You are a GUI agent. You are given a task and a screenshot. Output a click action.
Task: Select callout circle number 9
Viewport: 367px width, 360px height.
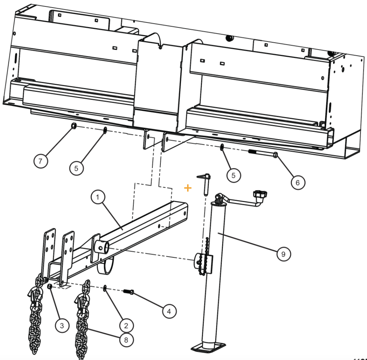(x=283, y=254)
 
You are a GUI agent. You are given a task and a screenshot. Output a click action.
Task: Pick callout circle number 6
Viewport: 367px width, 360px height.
(x=297, y=183)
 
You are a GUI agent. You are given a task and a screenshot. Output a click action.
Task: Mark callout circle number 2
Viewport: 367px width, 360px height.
(x=126, y=325)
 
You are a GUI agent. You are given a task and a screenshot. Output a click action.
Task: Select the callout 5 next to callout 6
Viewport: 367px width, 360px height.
(x=233, y=175)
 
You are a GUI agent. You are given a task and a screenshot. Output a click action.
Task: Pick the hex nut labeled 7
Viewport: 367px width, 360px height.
(x=72, y=126)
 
